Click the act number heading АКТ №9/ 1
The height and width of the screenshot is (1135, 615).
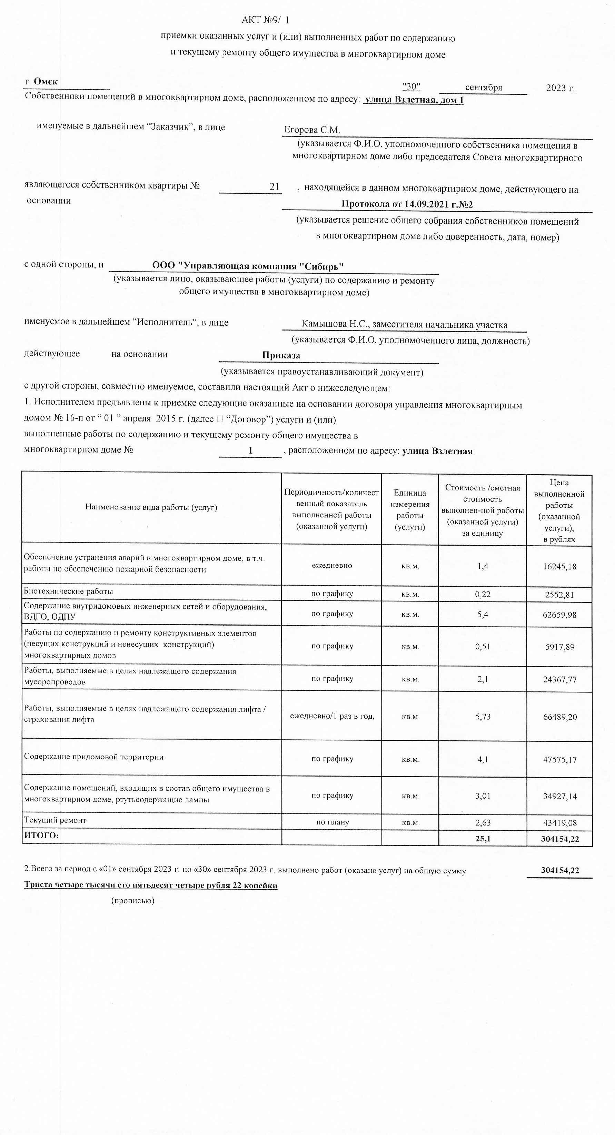click(265, 20)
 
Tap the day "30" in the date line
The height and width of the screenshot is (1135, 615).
click(411, 87)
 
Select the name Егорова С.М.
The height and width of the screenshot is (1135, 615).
click(312, 130)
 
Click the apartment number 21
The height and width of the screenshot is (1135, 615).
click(274, 186)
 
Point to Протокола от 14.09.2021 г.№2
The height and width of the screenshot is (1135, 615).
click(407, 204)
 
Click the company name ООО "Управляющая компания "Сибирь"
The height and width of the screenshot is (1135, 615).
click(248, 266)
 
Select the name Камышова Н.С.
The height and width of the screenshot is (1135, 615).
click(336, 324)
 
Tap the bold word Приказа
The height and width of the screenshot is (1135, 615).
click(281, 355)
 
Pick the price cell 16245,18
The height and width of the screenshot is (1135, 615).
click(559, 567)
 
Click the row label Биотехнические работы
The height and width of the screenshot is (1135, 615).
click(68, 591)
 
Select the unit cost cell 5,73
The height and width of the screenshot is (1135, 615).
click(483, 717)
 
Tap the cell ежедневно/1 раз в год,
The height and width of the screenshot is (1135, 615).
click(332, 717)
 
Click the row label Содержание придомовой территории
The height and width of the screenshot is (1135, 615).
click(93, 757)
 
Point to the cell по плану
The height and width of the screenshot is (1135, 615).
click(332, 822)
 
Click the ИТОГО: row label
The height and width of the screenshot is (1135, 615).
click(41, 836)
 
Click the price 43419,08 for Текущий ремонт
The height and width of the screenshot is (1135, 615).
click(559, 823)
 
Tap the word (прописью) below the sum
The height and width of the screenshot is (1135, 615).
click(133, 901)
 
